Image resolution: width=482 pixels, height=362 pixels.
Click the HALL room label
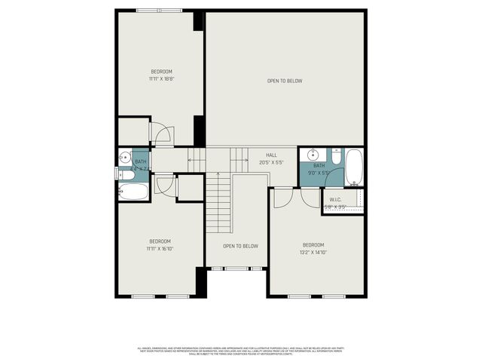click(271, 155)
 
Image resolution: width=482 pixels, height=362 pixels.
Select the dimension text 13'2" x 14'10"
click(313, 253)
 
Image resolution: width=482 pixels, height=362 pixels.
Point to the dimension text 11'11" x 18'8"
click(160, 78)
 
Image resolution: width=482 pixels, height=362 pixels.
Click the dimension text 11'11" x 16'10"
click(159, 248)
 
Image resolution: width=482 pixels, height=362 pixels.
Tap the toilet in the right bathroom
click(334, 157)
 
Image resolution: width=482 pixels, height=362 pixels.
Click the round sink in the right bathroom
click(310, 156)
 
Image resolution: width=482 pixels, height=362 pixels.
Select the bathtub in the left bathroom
click(133, 191)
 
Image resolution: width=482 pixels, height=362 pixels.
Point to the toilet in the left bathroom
click(127, 175)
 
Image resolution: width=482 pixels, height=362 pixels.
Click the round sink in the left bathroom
click(125, 158)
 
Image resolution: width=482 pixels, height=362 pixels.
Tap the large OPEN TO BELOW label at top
click(285, 81)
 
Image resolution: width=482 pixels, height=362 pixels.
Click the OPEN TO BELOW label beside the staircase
click(240, 246)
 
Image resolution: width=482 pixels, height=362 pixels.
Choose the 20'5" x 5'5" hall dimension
click(271, 162)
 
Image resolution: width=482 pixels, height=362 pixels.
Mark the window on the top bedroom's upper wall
click(159, 11)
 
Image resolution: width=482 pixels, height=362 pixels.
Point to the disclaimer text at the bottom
click(241, 351)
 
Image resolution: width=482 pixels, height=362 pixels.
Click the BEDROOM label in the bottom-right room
click(313, 245)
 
